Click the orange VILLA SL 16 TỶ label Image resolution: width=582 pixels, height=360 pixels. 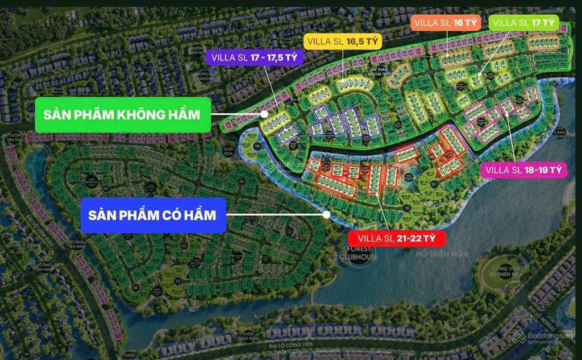click(x=446, y=23)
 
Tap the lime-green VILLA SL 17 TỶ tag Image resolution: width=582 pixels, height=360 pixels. click(x=524, y=23)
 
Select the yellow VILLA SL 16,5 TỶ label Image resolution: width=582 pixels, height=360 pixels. click(x=342, y=41)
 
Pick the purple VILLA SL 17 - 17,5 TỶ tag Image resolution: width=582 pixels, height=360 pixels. click(x=254, y=57)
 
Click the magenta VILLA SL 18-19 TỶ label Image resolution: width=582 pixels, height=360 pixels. click(x=524, y=169)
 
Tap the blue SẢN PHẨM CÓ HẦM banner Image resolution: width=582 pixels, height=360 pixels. click(x=152, y=215)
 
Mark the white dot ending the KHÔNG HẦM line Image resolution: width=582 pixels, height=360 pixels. click(x=265, y=114)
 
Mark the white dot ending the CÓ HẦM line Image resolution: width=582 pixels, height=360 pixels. click(x=326, y=214)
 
